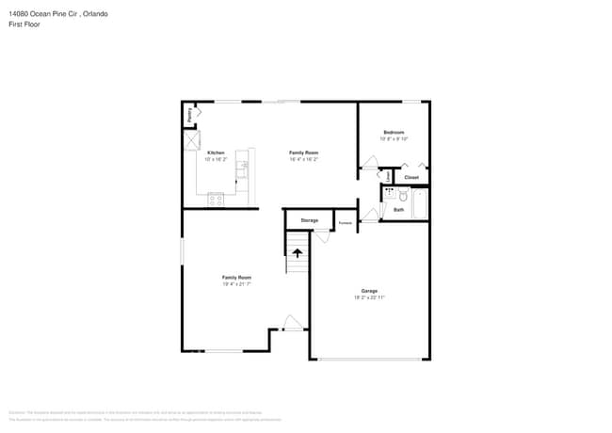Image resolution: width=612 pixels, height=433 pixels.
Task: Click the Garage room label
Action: tap(369, 291)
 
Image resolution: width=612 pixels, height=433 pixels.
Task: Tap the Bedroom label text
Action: tap(394, 132)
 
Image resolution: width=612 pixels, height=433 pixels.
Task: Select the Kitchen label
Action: tap(216, 152)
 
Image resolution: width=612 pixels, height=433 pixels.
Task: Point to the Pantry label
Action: tap(189, 115)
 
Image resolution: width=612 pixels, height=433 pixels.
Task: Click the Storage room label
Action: tap(309, 220)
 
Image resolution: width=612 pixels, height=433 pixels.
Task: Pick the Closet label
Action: tap(411, 177)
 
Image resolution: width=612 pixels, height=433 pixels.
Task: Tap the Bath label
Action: tap(398, 209)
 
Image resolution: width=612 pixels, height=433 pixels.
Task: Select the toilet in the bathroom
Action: tap(402, 196)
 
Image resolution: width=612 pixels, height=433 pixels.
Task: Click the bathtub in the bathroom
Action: tap(420, 203)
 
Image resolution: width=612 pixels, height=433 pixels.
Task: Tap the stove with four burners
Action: tap(216, 199)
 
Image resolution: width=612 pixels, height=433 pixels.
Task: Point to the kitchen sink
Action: tap(242, 169)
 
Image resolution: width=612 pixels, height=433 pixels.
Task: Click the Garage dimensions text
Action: tap(369, 297)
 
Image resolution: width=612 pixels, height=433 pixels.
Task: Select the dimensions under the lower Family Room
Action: tap(236, 283)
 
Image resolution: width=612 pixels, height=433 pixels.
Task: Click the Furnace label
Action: tap(346, 223)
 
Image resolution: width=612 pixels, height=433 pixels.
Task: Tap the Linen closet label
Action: tap(387, 176)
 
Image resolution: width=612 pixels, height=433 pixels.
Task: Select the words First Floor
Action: tap(24, 25)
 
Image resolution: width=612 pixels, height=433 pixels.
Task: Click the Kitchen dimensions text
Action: tap(216, 159)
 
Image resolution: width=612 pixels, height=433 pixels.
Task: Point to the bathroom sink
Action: tap(389, 192)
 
